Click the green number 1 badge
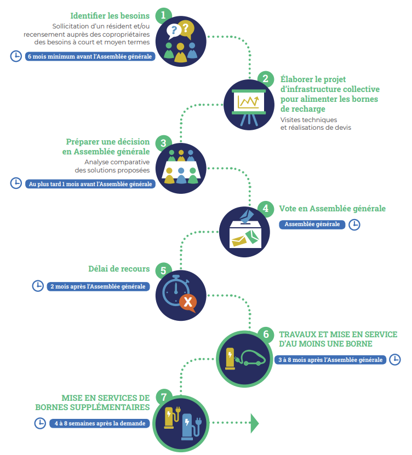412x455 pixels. [163, 16]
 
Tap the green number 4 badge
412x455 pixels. [266, 209]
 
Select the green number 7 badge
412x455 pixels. [164, 397]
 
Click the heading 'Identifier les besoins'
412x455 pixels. [110, 16]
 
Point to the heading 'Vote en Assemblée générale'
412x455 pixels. [333, 209]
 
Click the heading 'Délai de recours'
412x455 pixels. [119, 269]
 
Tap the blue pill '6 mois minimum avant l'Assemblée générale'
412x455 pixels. [90, 56]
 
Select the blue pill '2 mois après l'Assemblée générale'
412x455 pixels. [98, 286]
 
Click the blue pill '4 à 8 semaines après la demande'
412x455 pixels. [100, 423]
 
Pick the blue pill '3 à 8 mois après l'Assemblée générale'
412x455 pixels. [330, 360]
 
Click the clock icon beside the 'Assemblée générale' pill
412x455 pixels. [354, 224]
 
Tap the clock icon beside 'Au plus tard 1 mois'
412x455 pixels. [16, 183]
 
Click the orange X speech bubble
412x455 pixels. [188, 303]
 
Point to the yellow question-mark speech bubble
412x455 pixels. [186, 30]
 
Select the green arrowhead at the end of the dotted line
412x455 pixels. [254, 423]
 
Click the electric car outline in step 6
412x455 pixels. [250, 358]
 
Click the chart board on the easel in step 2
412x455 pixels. [249, 102]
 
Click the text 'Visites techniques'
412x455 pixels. [308, 120]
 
